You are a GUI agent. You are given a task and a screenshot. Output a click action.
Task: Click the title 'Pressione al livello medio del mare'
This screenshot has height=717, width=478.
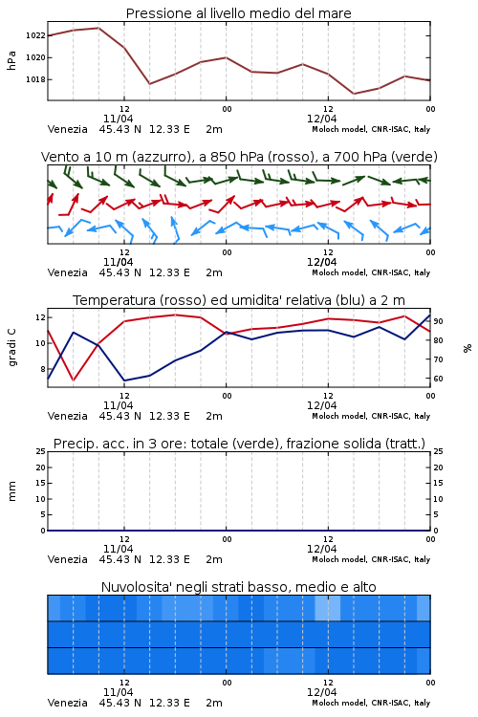point(238,13)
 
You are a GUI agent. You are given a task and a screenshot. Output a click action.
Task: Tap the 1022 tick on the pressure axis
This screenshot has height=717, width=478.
point(35,35)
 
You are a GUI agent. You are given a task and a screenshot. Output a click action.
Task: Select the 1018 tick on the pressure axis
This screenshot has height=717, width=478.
point(35,79)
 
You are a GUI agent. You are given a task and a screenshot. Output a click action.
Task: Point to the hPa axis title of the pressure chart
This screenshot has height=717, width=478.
point(11,60)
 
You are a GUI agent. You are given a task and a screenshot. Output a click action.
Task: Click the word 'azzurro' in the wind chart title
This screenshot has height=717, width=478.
point(160,158)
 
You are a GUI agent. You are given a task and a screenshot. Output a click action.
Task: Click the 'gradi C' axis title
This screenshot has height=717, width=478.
point(12,347)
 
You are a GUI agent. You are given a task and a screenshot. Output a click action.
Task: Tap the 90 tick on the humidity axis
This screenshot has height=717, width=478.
point(438,321)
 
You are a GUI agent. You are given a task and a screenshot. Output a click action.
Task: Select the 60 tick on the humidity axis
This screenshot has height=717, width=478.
point(438,379)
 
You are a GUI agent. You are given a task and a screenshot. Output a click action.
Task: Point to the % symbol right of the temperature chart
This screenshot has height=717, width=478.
point(467,348)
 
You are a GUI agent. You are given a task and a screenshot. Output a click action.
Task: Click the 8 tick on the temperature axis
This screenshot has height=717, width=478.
point(42,369)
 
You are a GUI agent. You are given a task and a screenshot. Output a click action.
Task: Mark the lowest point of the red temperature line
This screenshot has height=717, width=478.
point(74,380)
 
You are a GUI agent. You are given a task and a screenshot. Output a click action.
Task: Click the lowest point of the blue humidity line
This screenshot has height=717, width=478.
point(124,380)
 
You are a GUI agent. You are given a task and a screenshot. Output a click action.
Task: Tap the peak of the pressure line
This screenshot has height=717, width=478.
point(98,28)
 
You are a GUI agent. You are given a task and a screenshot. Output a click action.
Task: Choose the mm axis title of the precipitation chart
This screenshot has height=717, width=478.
point(12,491)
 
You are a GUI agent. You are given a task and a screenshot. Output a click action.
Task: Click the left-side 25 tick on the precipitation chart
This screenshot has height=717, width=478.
point(41,451)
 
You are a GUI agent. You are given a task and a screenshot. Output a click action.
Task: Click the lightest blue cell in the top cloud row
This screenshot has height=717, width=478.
point(328,608)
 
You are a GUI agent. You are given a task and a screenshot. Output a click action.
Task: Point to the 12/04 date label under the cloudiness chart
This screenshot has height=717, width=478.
point(321,692)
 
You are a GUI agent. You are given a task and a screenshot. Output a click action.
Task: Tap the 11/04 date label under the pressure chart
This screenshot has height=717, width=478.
point(118,119)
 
